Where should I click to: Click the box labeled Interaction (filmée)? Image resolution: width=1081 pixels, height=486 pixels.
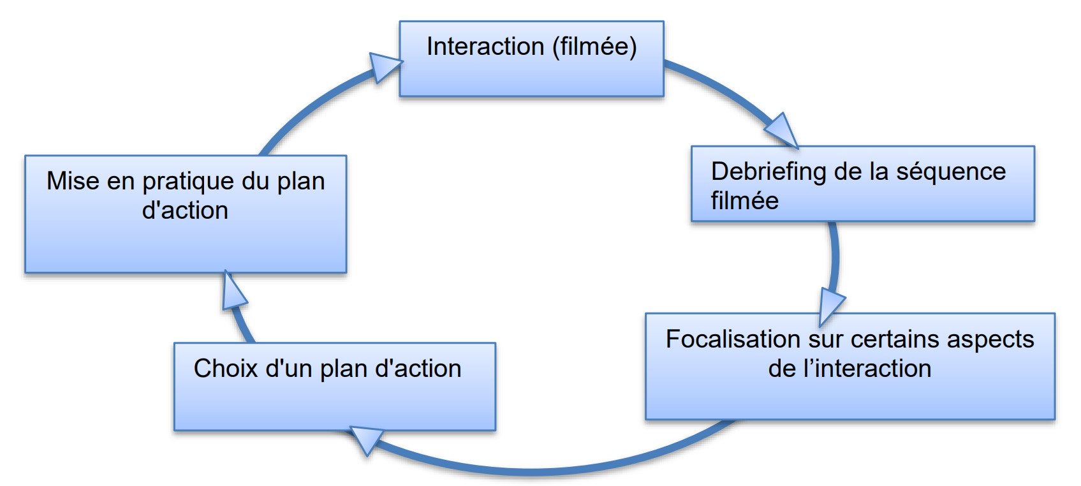click(531, 59)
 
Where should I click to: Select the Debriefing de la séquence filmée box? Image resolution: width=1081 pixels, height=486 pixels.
click(862, 184)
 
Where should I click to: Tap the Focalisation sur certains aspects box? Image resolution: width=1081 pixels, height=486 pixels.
click(849, 365)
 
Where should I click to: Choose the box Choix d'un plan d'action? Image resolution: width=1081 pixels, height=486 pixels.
click(334, 387)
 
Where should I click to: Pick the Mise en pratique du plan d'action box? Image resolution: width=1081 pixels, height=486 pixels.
click(185, 214)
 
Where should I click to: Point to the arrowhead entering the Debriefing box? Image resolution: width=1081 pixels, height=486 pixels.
click(783, 130)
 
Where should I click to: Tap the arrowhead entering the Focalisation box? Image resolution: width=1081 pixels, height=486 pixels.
click(830, 305)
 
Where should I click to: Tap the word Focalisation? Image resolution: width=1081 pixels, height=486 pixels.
click(733, 339)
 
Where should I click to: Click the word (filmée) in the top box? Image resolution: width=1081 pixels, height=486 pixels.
click(594, 47)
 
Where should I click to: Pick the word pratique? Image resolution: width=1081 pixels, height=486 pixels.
click(185, 182)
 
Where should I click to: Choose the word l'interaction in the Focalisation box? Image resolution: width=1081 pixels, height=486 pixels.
click(867, 369)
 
